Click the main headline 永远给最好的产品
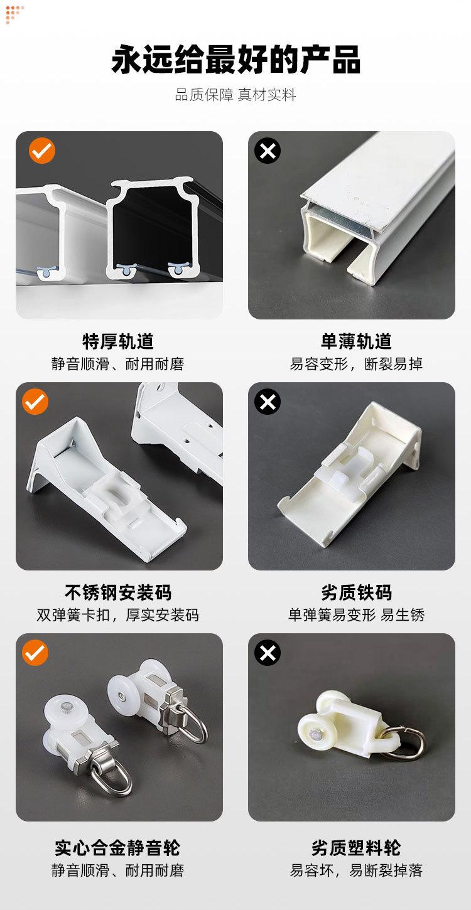pyautogui.click(x=235, y=60)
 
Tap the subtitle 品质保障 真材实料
pyautogui.click(x=235, y=95)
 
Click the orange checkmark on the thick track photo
pyautogui.click(x=42, y=151)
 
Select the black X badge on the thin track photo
pyautogui.click(x=268, y=151)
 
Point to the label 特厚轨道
pyautogui.click(x=118, y=341)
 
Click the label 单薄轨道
pyautogui.click(x=356, y=341)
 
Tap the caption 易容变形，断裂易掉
pyautogui.click(x=356, y=364)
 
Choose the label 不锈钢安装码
pyautogui.click(x=118, y=592)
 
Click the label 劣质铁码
pyautogui.click(x=357, y=592)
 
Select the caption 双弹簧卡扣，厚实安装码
pyautogui.click(x=118, y=615)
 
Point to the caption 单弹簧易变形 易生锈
pyautogui.click(x=356, y=615)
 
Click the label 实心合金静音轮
pyautogui.click(x=118, y=847)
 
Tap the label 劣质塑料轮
pyautogui.click(x=356, y=847)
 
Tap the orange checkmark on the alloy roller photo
pyautogui.click(x=35, y=653)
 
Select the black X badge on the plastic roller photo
pyautogui.click(x=268, y=653)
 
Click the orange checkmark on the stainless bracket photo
pyautogui.click(x=35, y=402)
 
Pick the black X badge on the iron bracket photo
pyautogui.click(x=268, y=402)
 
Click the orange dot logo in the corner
pyautogui.click(x=14, y=14)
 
